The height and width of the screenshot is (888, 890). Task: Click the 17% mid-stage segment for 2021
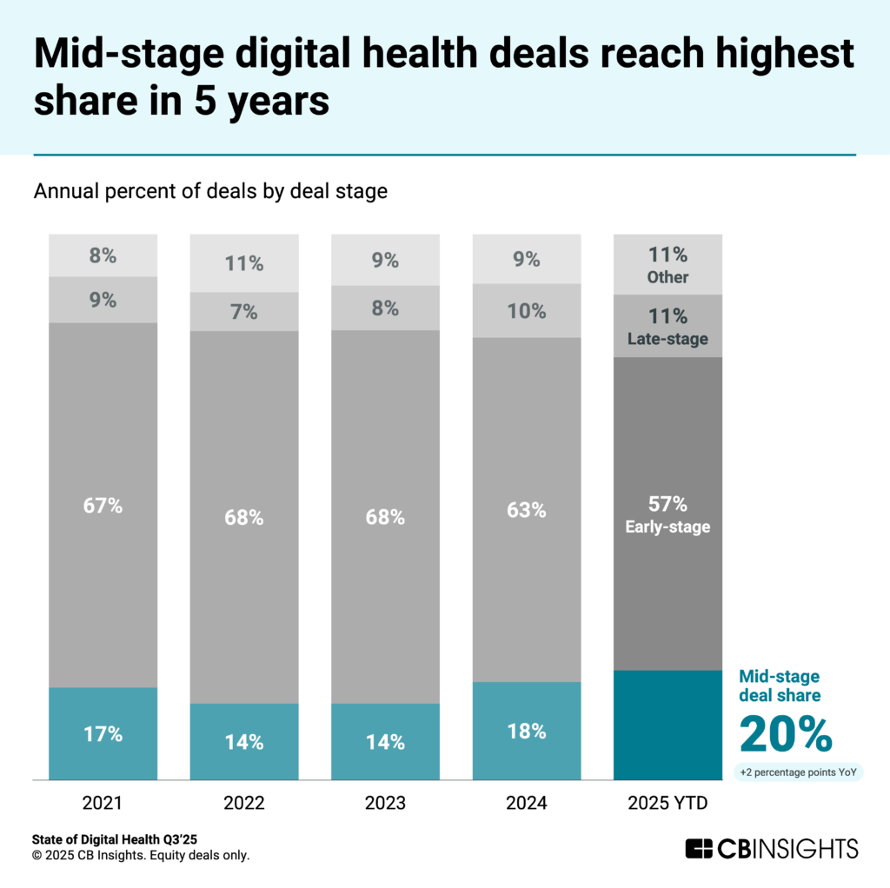tap(103, 733)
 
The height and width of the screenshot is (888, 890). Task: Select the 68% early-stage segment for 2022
tap(243, 517)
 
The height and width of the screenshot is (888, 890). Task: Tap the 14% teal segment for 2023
tap(385, 741)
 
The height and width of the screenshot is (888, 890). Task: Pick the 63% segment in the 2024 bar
tap(527, 509)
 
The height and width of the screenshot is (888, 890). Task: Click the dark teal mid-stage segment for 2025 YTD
tap(667, 725)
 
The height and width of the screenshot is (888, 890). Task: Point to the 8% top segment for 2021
tap(103, 255)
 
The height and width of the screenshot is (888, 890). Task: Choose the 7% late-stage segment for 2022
tap(243, 311)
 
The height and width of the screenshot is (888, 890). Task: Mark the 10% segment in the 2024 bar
tap(527, 310)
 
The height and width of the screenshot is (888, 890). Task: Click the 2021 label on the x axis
tap(103, 804)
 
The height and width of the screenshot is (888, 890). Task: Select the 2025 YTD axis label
tap(667, 804)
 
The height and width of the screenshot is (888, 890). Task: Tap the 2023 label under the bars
tap(385, 804)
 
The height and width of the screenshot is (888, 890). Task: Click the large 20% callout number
tap(786, 734)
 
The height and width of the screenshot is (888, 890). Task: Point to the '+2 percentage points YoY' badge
tap(798, 772)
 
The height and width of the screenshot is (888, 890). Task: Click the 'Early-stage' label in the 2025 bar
tap(667, 527)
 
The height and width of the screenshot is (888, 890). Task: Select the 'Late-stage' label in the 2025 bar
tap(667, 339)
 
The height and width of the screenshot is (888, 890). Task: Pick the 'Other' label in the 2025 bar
tap(667, 277)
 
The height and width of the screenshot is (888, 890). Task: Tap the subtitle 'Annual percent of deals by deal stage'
tap(210, 192)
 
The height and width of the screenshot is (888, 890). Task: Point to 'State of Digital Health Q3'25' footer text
tap(113, 839)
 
